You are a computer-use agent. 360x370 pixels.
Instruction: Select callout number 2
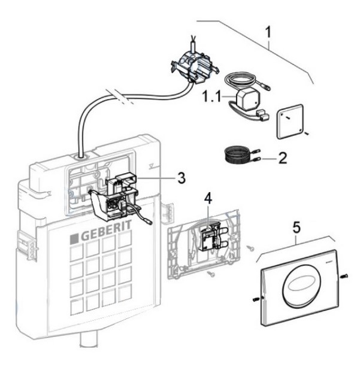coord(283,159)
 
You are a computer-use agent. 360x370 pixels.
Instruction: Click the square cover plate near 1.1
coord(291,122)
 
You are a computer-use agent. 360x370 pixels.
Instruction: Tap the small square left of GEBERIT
coord(75,238)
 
